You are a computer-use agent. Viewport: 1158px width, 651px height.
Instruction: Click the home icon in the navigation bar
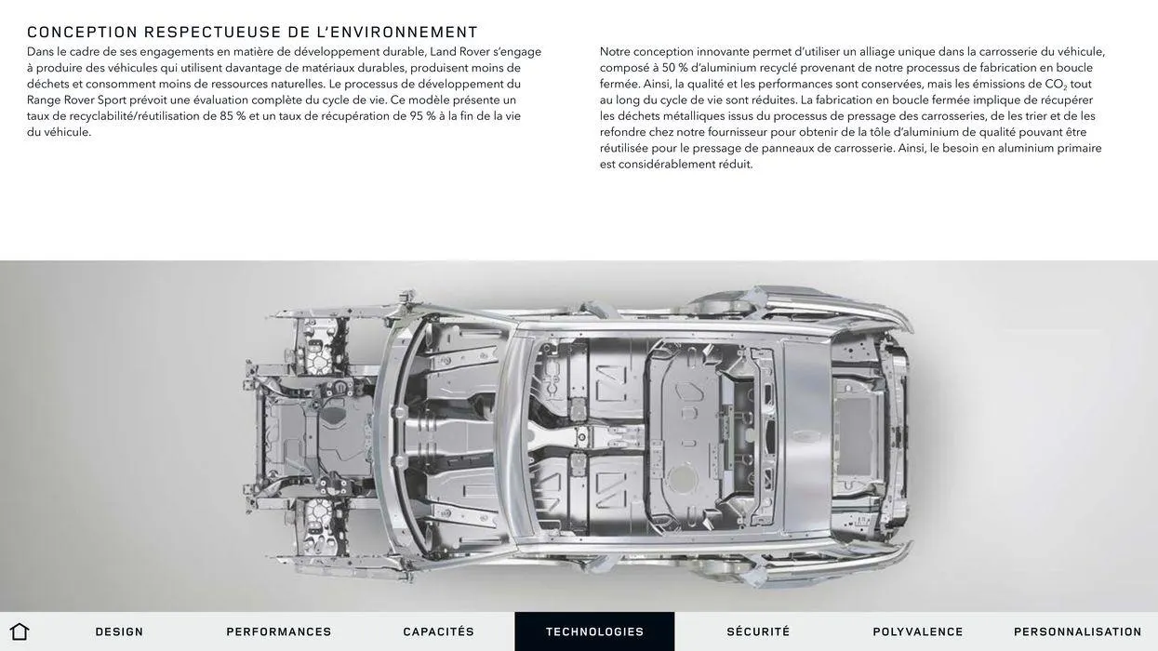[x=20, y=631]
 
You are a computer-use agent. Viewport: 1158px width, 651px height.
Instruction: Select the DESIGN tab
[x=119, y=631]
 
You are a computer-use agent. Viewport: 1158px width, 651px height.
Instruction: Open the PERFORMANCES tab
[x=279, y=631]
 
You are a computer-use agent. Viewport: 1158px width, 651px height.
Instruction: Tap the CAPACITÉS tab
[x=439, y=631]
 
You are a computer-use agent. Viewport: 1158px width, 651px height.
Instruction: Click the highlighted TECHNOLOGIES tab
[x=594, y=631]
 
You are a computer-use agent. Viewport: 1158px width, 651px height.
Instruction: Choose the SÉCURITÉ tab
[x=758, y=631]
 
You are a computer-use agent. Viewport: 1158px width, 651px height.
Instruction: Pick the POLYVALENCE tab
[x=918, y=631]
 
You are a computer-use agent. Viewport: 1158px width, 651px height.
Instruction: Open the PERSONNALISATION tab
[x=1078, y=631]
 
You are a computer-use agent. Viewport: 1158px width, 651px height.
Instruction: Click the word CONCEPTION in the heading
[x=83, y=33]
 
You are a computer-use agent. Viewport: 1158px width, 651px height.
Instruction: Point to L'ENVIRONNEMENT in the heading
[x=397, y=33]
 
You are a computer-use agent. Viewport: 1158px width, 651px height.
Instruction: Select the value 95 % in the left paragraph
[x=423, y=116]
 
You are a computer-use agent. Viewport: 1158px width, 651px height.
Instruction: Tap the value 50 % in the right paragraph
[x=674, y=68]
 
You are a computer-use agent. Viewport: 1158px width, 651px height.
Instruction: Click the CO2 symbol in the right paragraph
[x=1056, y=85]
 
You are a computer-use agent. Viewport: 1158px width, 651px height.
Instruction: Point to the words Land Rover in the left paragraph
[x=459, y=52]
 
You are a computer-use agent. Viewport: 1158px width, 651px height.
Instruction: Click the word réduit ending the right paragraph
[x=735, y=165]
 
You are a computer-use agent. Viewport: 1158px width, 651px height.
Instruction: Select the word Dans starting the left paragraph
[x=40, y=52]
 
